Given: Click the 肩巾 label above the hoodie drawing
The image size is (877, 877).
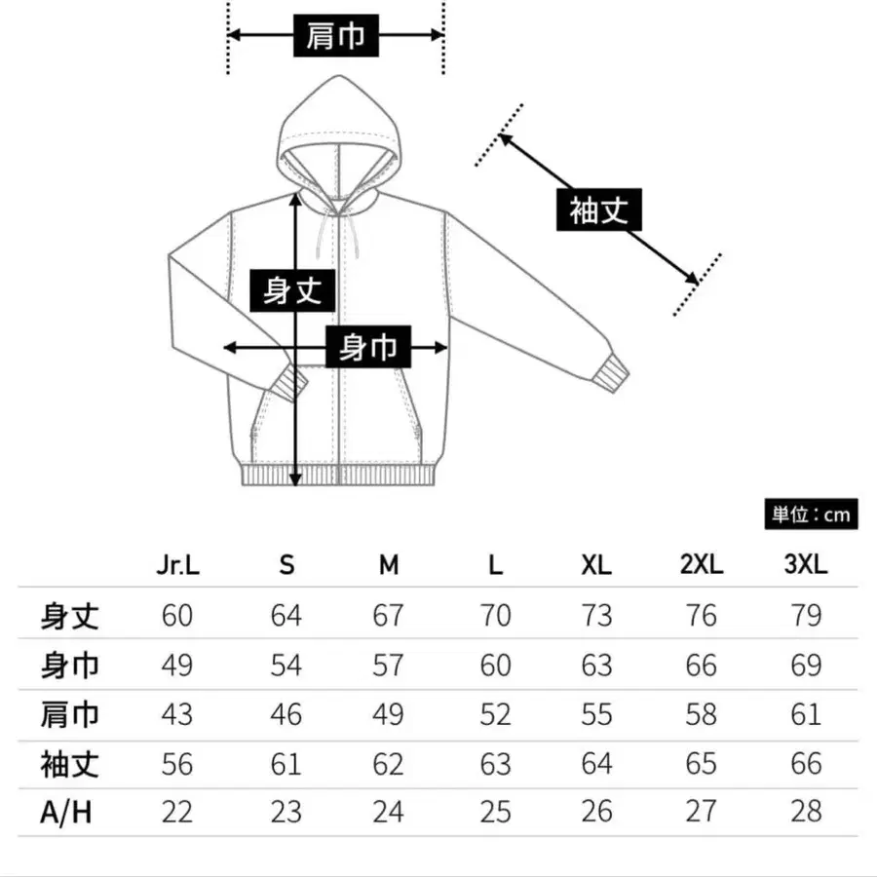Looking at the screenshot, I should pyautogui.click(x=335, y=36).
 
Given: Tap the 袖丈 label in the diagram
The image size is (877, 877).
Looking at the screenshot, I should pyautogui.click(x=598, y=210).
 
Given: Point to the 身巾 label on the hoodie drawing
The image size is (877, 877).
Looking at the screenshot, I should pyautogui.click(x=367, y=346).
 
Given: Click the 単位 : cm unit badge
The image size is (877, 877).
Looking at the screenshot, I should pyautogui.click(x=811, y=515).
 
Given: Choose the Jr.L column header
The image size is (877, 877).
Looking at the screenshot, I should pyautogui.click(x=177, y=566).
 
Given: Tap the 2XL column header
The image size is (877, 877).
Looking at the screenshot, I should pyautogui.click(x=702, y=565).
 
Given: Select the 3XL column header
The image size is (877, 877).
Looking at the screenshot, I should pyautogui.click(x=806, y=565).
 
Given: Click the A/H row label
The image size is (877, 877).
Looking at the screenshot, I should pyautogui.click(x=67, y=812).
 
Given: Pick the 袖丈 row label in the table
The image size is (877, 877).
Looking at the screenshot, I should pyautogui.click(x=70, y=763).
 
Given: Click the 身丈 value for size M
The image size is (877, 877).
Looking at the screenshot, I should pyautogui.click(x=388, y=616).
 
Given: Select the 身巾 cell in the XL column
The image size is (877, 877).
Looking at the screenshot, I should pyautogui.click(x=596, y=666).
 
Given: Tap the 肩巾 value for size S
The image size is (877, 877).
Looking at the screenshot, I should pyautogui.click(x=286, y=714).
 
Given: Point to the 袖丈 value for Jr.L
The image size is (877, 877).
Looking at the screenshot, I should pyautogui.click(x=177, y=763).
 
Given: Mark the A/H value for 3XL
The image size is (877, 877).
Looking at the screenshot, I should pyautogui.click(x=806, y=812).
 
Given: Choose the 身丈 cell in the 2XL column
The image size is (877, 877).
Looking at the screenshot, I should pyautogui.click(x=702, y=616).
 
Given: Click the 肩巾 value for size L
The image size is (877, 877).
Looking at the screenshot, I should pyautogui.click(x=495, y=714).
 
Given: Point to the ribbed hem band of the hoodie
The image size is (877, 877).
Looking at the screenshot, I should pyautogui.click(x=336, y=477).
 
